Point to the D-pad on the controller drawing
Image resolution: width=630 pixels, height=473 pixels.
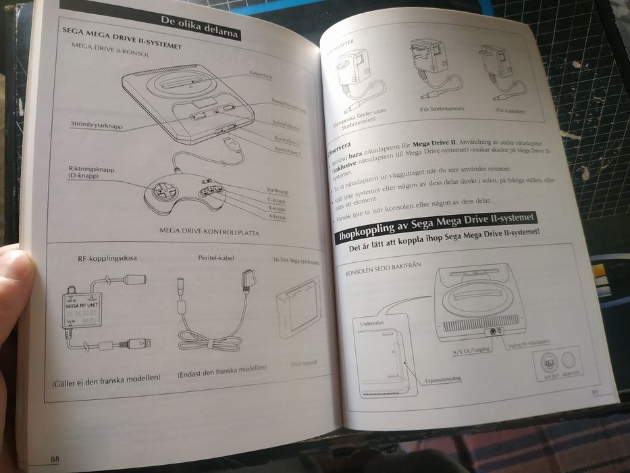click(x=164, y=191)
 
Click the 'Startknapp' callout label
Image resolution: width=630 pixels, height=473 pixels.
click(x=278, y=191)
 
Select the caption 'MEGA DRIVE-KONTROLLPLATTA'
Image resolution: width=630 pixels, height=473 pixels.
click(x=209, y=231)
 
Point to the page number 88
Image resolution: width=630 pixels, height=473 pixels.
click(x=55, y=459)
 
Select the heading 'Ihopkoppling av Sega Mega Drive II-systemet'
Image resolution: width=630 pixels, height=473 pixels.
click(x=436, y=226)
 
